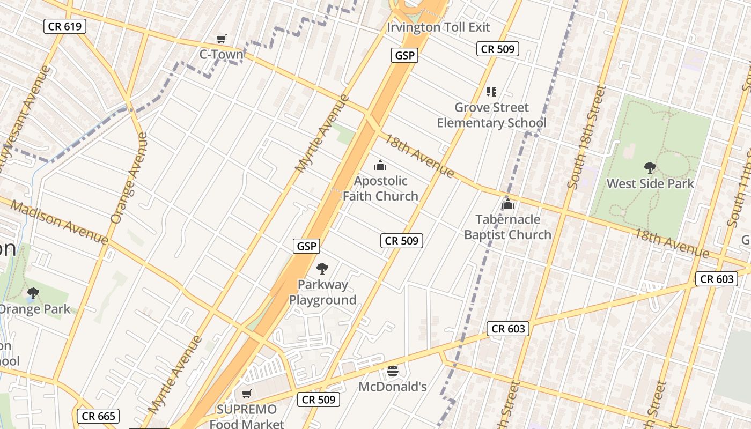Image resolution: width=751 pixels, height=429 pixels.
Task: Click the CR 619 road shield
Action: click(x=65, y=26)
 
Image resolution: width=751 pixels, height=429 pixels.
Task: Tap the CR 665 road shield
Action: click(x=98, y=416)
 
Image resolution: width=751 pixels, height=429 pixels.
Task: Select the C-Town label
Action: click(x=221, y=54)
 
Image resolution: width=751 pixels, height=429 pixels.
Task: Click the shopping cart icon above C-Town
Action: click(x=221, y=39)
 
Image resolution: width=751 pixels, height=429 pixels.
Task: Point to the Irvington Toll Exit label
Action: click(x=439, y=27)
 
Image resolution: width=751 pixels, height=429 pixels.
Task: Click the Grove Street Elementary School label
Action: click(x=491, y=115)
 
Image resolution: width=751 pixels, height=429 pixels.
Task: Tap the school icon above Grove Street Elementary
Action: click(x=491, y=92)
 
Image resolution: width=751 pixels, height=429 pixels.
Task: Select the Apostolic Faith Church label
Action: click(x=380, y=188)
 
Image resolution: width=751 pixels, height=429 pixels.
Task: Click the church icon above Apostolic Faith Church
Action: click(x=380, y=165)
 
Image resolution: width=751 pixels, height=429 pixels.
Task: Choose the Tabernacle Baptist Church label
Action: click(x=507, y=227)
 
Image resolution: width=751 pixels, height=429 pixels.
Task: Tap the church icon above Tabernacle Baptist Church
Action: click(x=507, y=204)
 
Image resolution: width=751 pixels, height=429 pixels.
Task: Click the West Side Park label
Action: click(x=650, y=183)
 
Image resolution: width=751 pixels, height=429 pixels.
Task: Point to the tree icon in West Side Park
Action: click(x=650, y=168)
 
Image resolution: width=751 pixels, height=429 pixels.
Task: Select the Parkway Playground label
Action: click(x=323, y=292)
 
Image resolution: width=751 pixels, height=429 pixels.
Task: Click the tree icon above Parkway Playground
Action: click(x=322, y=269)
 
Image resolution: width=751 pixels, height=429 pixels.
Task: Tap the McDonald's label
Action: click(x=393, y=386)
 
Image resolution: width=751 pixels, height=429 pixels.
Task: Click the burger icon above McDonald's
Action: click(x=393, y=371)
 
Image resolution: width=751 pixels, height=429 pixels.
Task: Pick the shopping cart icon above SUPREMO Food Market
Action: click(x=247, y=394)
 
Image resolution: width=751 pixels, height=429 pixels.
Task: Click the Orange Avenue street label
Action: click(x=129, y=177)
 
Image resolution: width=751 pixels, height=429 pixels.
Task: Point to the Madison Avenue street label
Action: click(x=59, y=222)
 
